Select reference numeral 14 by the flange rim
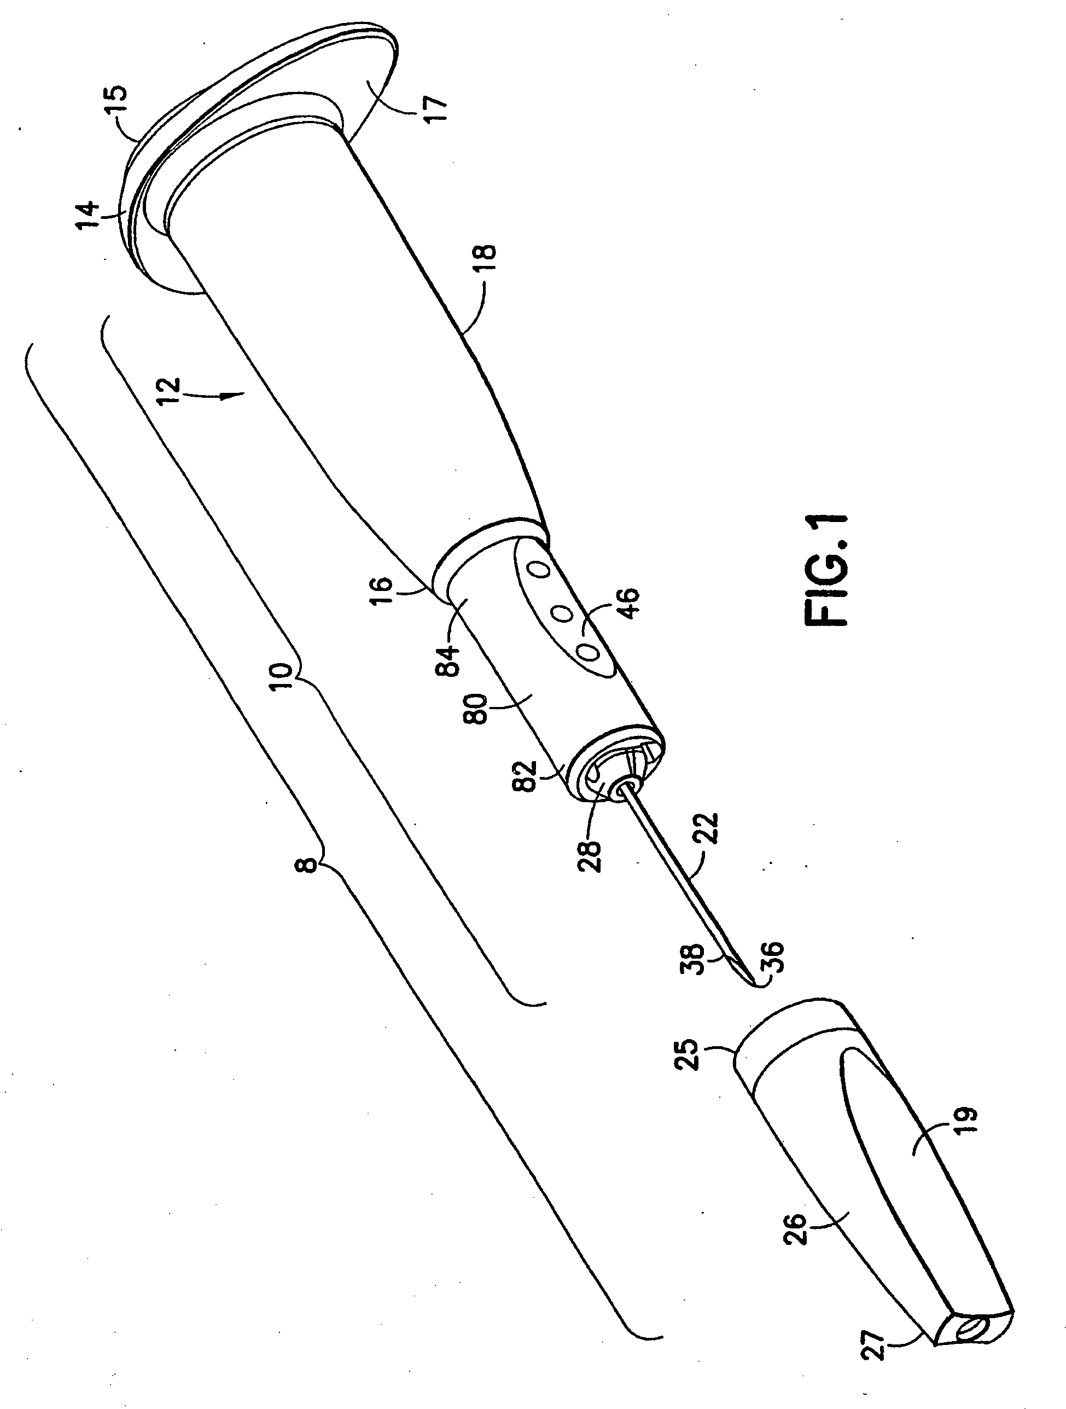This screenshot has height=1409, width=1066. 91,217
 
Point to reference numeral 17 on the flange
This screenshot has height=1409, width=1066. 438,109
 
